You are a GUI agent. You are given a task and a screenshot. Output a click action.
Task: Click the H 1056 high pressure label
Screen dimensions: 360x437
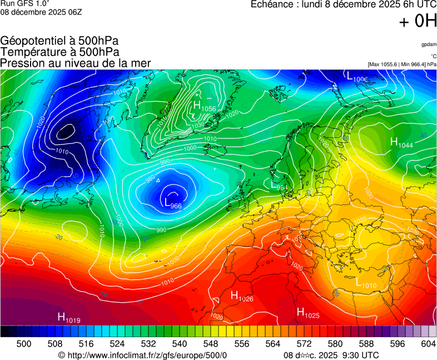pos(204,106)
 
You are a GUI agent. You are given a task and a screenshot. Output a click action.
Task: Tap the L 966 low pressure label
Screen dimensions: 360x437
pos(173,203)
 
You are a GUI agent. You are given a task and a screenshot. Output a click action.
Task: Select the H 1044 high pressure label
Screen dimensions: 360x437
pos(401,143)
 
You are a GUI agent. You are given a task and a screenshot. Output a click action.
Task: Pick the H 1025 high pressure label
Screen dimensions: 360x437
pos(307,313)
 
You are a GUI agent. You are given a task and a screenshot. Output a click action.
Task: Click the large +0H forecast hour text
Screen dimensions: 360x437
pos(418,22)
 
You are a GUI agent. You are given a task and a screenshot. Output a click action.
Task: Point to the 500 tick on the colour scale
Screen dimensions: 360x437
pos(24,344)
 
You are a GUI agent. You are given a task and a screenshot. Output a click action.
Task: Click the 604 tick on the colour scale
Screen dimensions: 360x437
pos(428,344)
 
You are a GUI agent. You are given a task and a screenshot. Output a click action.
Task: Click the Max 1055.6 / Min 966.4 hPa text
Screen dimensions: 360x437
pos(402,64)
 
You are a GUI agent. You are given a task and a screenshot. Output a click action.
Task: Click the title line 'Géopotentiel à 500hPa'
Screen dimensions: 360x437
pos(59,41)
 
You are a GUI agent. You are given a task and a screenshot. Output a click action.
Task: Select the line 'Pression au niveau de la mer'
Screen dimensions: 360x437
pos(76,63)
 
